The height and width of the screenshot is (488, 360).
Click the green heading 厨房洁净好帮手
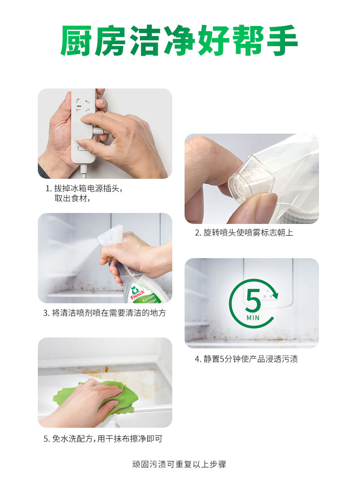coord(179,41)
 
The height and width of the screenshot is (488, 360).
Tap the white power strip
coord(83,128)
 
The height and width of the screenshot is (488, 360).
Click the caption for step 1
coord(84,193)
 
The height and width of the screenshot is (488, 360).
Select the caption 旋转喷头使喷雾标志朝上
coord(244,233)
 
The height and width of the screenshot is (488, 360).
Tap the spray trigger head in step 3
coord(111,235)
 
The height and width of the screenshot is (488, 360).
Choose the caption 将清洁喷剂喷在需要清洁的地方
coord(104,313)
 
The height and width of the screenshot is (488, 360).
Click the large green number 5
coord(253,301)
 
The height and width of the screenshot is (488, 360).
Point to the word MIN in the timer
coord(253,318)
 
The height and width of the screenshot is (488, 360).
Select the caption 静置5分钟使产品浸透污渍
coord(246,359)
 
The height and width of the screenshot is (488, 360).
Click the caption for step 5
coord(103,439)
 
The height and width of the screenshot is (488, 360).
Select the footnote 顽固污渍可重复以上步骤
coord(179,464)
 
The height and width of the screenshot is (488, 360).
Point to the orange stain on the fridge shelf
coord(103,370)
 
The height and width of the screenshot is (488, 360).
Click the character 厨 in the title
coord(76,41)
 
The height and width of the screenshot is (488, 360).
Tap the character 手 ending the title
coord(281,41)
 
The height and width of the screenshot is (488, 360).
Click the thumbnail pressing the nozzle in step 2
coord(252,179)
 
